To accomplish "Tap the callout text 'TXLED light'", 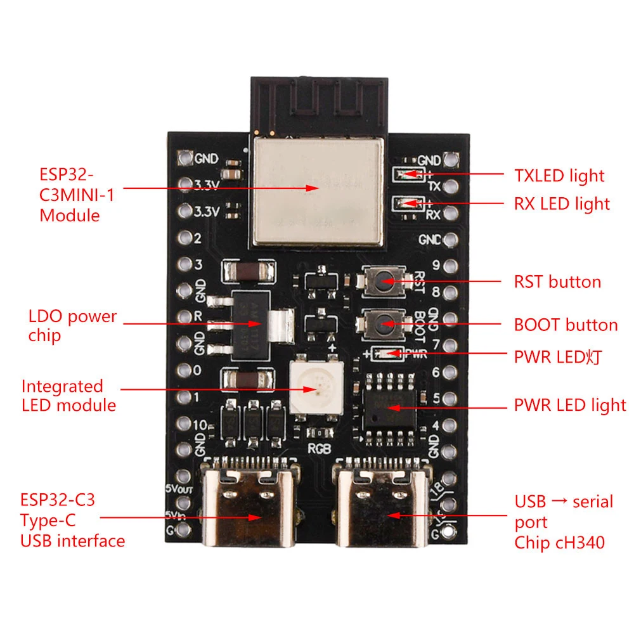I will point(559,176).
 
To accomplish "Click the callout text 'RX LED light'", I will point(562,204).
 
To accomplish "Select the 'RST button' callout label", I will point(557,281).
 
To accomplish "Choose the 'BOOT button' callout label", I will point(566,325).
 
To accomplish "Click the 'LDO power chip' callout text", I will point(72,325).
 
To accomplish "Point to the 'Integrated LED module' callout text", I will point(68,396).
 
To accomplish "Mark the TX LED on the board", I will point(406,173).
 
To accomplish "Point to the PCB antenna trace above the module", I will point(317,101).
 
